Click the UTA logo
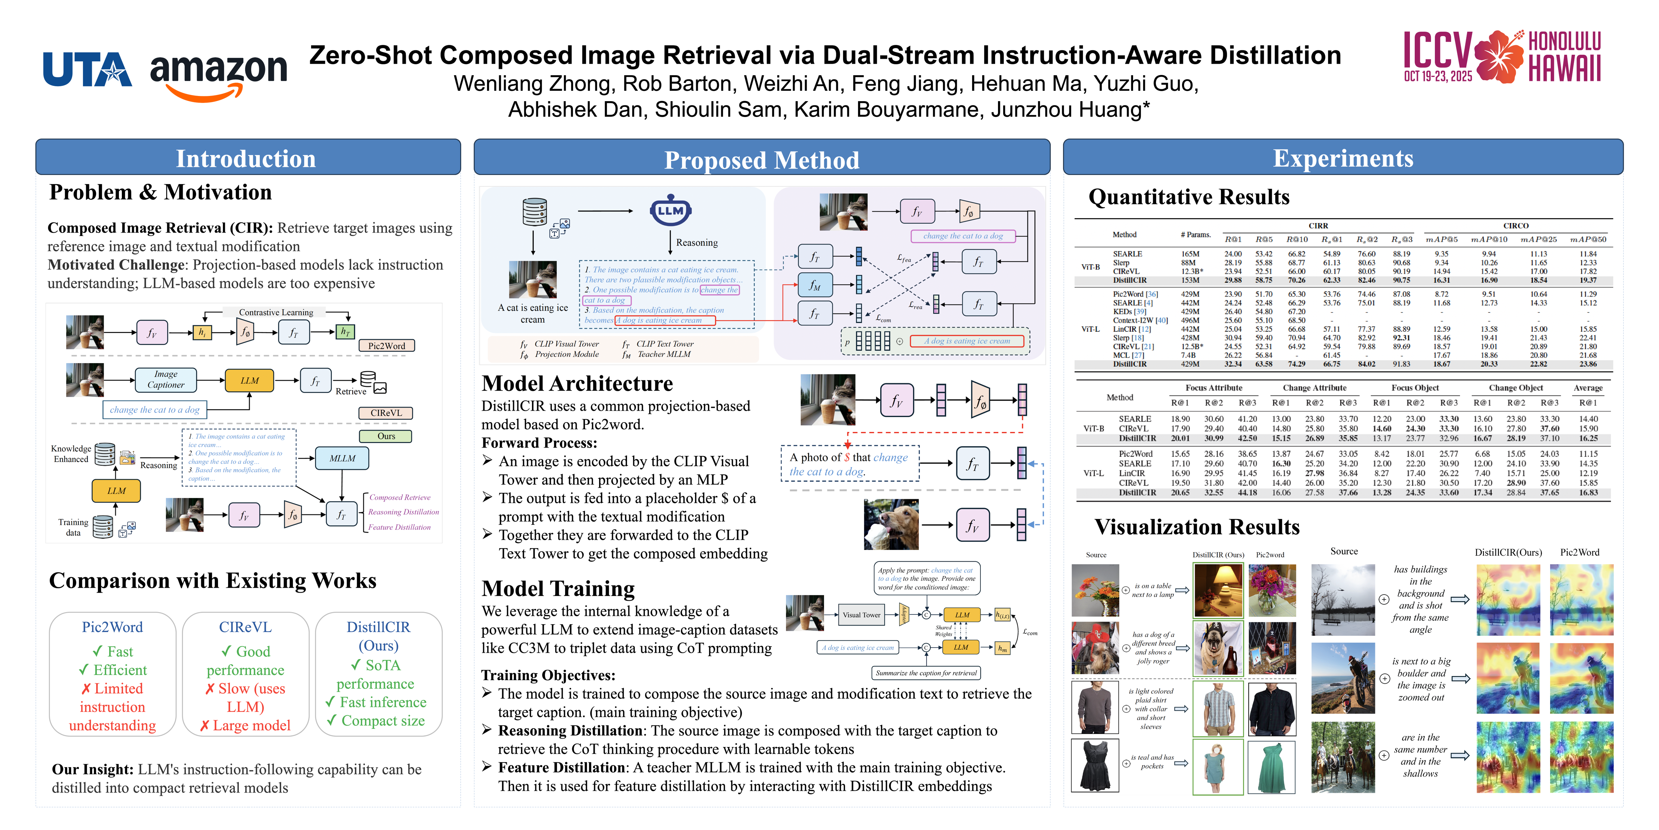87,70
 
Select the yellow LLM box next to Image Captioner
249,380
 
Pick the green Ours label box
386,436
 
